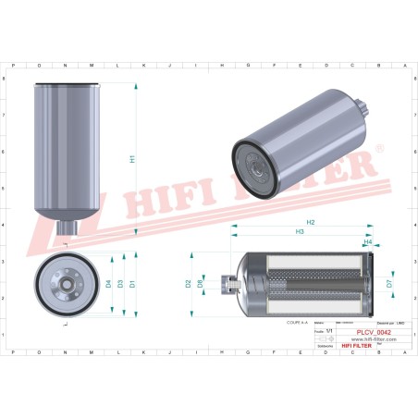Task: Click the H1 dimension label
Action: click(132, 158)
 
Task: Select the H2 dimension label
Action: click(311, 224)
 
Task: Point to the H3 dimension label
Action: click(300, 233)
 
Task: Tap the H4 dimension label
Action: click(367, 243)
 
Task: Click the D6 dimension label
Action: click(201, 285)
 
